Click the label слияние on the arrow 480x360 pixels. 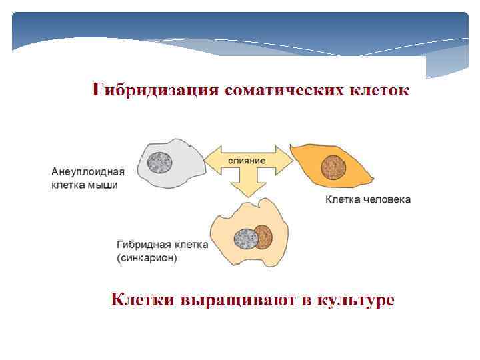[247, 161]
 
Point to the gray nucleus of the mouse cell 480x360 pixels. [161, 161]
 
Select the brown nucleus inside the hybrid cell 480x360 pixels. [263, 236]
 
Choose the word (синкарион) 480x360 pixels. [147, 258]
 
